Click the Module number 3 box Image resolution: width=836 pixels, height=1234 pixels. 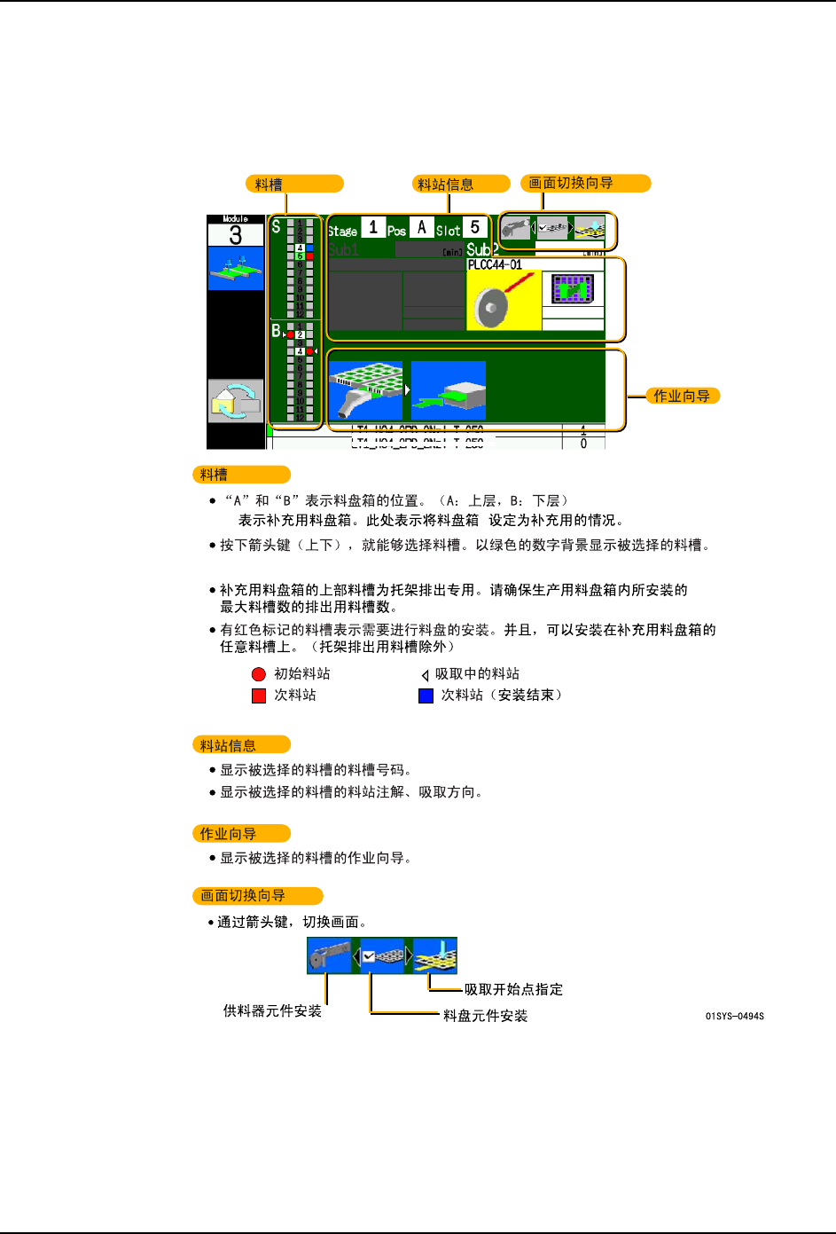click(x=235, y=235)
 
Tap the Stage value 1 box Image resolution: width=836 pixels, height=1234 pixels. click(x=373, y=228)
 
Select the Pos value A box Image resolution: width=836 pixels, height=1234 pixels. click(x=421, y=228)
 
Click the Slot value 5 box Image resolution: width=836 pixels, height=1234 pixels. click(x=475, y=228)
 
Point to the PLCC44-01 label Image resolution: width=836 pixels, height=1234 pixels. click(x=495, y=264)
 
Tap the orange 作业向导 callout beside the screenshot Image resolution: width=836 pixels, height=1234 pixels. click(x=682, y=396)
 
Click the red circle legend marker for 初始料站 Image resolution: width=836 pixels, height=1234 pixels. click(x=259, y=674)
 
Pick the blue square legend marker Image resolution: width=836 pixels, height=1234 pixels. click(x=426, y=696)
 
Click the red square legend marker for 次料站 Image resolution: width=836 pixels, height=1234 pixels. click(x=259, y=696)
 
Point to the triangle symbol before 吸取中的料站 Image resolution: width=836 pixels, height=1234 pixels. click(x=426, y=675)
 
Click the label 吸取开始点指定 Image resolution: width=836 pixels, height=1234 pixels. click(x=513, y=989)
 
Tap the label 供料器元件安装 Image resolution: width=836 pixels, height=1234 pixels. click(x=272, y=1010)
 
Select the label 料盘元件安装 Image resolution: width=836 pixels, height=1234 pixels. click(x=485, y=1016)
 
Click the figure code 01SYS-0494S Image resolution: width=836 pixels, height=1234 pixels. click(x=734, y=1016)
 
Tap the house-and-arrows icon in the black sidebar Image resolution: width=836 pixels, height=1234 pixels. click(x=235, y=401)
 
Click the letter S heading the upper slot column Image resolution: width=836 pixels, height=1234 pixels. click(x=276, y=227)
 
